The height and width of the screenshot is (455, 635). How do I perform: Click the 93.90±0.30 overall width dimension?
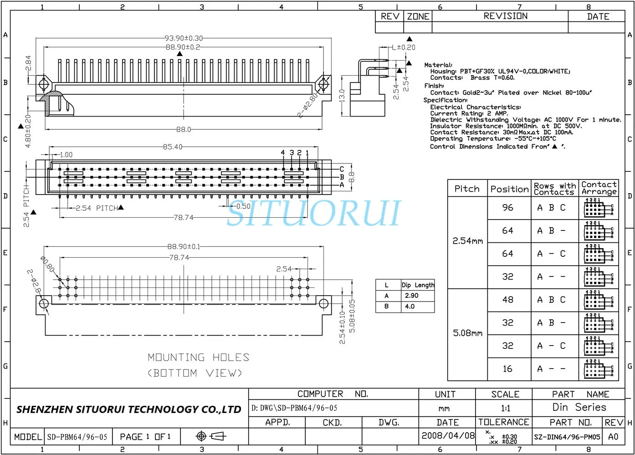pyautogui.click(x=184, y=38)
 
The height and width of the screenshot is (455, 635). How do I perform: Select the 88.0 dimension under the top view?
pyautogui.click(x=184, y=130)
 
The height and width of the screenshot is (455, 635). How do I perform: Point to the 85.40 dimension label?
pyautogui.click(x=172, y=147)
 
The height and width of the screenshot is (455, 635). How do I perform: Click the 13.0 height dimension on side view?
pyautogui.click(x=342, y=96)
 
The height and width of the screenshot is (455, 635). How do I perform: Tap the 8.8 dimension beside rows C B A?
pyautogui.click(x=351, y=177)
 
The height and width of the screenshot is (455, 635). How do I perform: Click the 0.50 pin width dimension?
pyautogui.click(x=243, y=206)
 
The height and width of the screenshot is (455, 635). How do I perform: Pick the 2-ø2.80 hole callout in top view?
pyautogui.click(x=308, y=106)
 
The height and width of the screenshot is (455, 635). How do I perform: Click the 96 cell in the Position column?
pyautogui.click(x=507, y=208)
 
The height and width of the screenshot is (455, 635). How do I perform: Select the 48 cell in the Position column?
pyautogui.click(x=507, y=300)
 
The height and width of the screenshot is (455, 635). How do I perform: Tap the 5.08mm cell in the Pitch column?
pyautogui.click(x=467, y=333)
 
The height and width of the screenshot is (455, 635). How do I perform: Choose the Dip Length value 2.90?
pyautogui.click(x=411, y=296)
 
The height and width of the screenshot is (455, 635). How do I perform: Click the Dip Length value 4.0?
pyautogui.click(x=410, y=307)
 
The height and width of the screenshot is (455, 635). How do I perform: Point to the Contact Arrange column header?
pyautogui.click(x=599, y=188)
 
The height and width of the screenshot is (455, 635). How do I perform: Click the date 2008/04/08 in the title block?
pyautogui.click(x=448, y=435)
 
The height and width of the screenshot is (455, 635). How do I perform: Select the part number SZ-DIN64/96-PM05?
pyautogui.click(x=567, y=437)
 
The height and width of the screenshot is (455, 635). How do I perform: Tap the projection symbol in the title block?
pyautogui.click(x=211, y=436)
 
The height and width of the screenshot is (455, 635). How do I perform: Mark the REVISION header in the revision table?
pyautogui.click(x=505, y=16)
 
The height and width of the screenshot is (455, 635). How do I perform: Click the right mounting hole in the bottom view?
pyautogui.click(x=323, y=304)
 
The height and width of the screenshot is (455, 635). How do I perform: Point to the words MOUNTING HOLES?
pyautogui.click(x=199, y=358)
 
